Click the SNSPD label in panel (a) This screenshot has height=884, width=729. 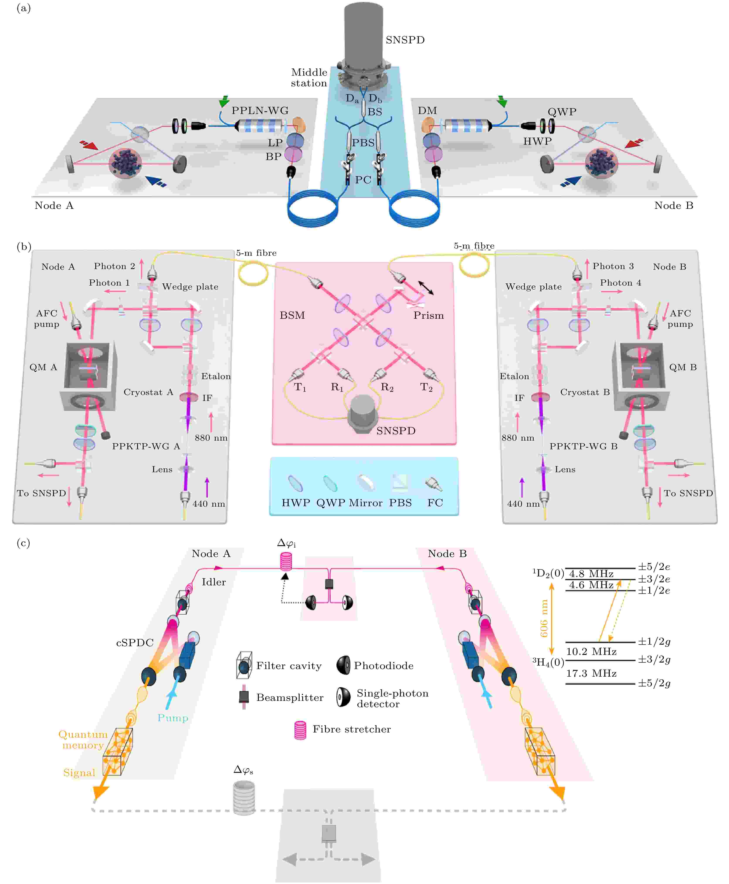pos(405,40)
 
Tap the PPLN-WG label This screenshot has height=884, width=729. pos(260,111)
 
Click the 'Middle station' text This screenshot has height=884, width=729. pos(309,78)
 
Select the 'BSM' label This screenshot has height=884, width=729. pos(292,315)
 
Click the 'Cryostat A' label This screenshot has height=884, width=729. pos(148,392)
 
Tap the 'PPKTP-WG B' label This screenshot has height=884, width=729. pos(583,446)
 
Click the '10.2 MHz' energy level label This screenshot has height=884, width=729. pos(591,652)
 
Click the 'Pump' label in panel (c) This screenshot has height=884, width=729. pos(173,718)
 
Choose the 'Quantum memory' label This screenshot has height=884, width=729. pos(83,739)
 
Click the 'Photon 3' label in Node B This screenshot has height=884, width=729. pos(613,266)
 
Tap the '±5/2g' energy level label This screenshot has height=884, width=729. pos(654,683)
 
